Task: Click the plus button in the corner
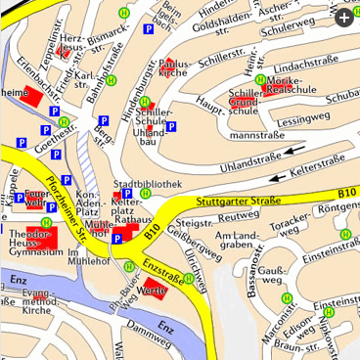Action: [x=343, y=17]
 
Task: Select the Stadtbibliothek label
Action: [x=149, y=183]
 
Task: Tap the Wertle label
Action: [x=149, y=292]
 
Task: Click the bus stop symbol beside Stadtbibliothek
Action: [x=145, y=193]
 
